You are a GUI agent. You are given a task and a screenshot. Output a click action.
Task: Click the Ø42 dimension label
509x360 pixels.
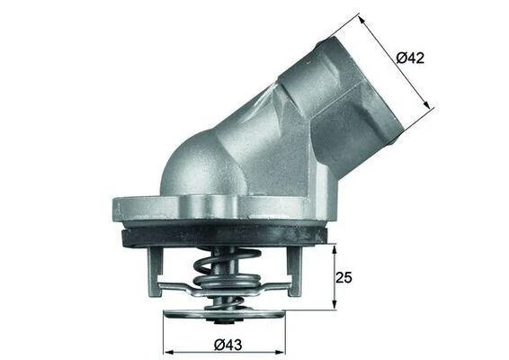410,58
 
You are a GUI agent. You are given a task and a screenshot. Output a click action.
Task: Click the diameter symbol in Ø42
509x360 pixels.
401,58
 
